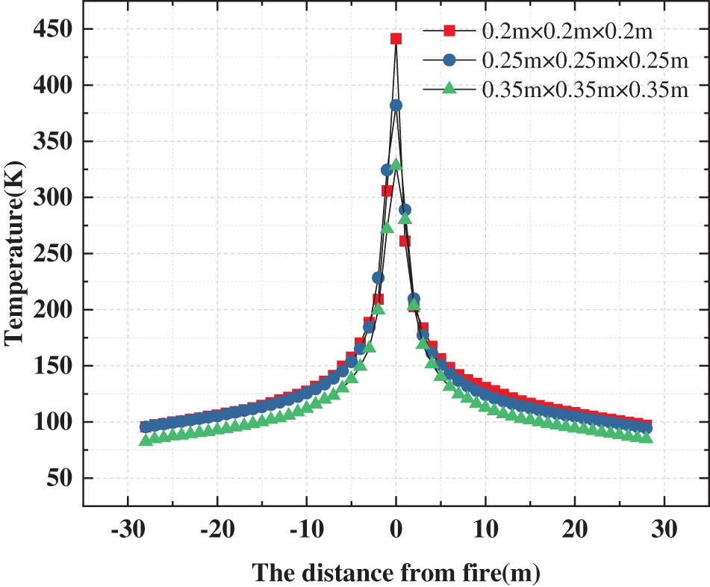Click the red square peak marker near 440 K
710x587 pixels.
[x=396, y=39]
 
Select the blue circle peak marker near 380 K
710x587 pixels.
[x=396, y=105]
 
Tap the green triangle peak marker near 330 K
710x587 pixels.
[x=396, y=164]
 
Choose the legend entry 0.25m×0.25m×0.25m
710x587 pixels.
[x=585, y=60]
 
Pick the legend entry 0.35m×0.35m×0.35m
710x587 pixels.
[x=585, y=89]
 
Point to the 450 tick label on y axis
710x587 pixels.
[x=52, y=30]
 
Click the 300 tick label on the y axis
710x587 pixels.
[x=52, y=198]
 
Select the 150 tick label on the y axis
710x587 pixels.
[x=52, y=366]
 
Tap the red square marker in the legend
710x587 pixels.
[x=449, y=31]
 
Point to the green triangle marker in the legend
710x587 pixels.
[x=449, y=88]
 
